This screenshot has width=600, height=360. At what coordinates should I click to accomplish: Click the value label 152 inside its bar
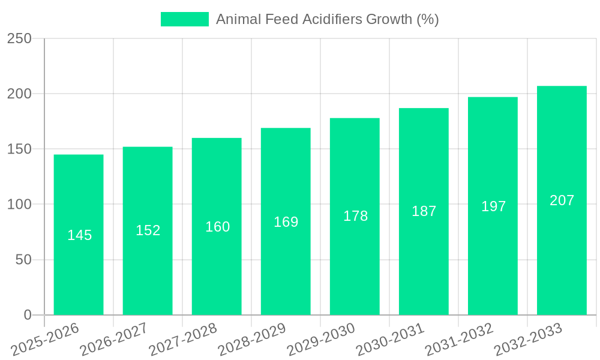pos(148,230)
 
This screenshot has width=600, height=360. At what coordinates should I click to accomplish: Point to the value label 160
pos(217,227)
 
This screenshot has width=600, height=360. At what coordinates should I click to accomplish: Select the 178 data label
pos(355,216)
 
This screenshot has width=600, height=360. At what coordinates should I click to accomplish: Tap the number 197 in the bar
pos(493,206)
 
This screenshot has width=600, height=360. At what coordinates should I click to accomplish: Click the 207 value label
pos(562,200)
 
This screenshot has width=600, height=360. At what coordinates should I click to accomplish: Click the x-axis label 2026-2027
pos(114,339)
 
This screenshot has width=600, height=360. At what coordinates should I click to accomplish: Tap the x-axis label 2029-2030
pos(321,339)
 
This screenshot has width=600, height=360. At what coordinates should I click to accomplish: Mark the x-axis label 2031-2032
pos(459,339)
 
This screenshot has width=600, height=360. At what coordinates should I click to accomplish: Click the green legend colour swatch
pos(184,19)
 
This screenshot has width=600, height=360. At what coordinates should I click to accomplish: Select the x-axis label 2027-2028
pos(183,339)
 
